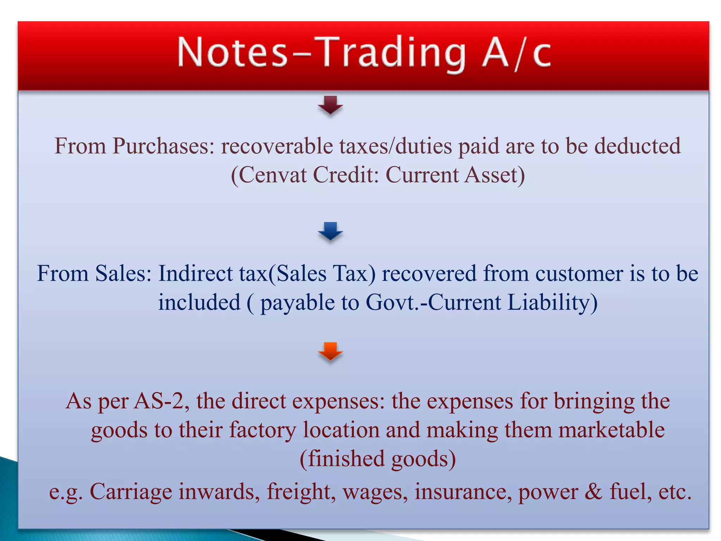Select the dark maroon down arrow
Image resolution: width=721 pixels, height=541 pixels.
(x=330, y=105)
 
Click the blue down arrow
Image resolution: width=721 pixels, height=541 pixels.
(x=330, y=231)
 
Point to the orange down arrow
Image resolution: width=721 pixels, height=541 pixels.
(x=330, y=351)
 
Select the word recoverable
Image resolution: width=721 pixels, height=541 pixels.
(x=277, y=146)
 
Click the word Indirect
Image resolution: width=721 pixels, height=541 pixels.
(x=195, y=273)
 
